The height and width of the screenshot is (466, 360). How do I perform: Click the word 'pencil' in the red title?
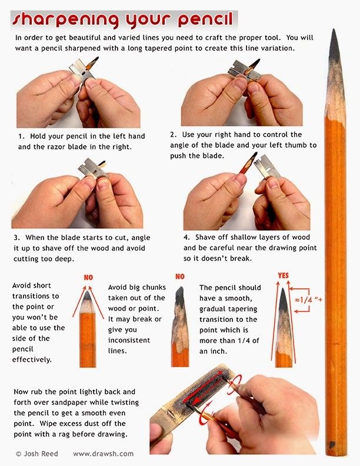point(205,20)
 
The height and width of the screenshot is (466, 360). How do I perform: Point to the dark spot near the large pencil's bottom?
point(332,445)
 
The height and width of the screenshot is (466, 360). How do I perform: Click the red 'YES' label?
point(283,275)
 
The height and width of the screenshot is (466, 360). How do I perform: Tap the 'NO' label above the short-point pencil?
point(88,277)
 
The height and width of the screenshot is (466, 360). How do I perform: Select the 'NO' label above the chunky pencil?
point(179,277)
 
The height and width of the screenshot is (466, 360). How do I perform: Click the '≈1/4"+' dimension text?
point(309,299)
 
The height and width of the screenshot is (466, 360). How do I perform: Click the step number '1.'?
point(21,136)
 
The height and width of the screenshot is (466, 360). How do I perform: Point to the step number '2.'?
point(174,134)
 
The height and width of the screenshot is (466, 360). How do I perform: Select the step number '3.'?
point(17,238)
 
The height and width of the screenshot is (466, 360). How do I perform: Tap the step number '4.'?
point(187,237)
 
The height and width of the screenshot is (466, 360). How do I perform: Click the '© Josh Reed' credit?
point(37,454)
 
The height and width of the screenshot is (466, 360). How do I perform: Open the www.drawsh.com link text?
point(103,454)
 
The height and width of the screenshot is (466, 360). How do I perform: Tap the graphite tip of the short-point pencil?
point(86,295)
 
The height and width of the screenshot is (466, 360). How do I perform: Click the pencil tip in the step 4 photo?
point(254,156)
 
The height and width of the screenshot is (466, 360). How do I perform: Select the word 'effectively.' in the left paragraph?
point(32,360)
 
